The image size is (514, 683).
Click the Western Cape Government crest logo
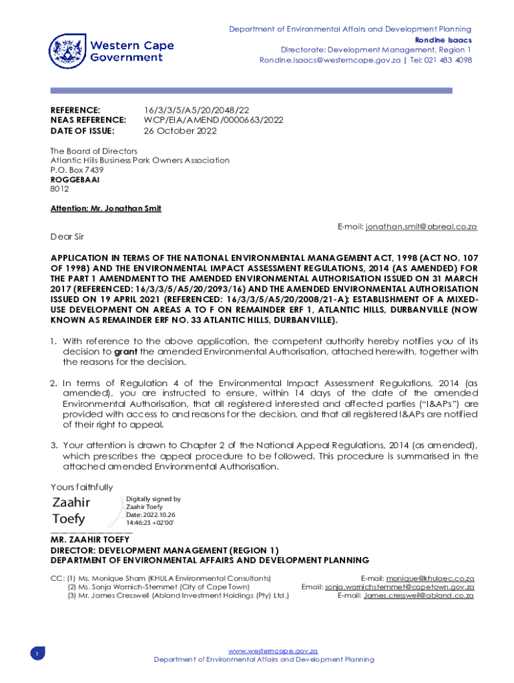coord(68,51)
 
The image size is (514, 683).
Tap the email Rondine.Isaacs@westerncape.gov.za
coord(330,60)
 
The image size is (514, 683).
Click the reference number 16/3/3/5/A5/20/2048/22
coord(197,109)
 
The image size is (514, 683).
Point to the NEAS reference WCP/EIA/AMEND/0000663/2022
coord(214,120)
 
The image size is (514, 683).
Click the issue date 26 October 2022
coord(180,131)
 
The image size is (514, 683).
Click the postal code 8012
coord(59,189)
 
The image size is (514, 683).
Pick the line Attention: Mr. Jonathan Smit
coord(106,208)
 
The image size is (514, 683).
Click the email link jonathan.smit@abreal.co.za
coord(421,227)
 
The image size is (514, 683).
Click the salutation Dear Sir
coord(67,237)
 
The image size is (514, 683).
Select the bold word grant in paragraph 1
coord(126,352)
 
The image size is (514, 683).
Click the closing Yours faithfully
coord(81,487)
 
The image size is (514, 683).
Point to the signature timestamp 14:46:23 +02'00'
coord(150,524)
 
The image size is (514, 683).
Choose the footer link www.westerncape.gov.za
coord(273,650)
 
